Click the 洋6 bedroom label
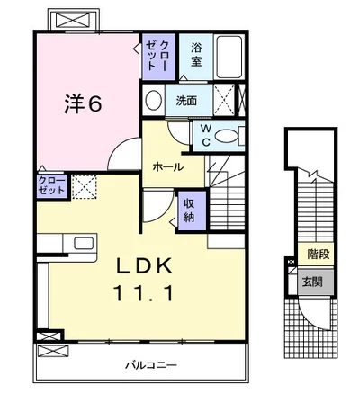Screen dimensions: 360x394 83,103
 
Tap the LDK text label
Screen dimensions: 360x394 144,266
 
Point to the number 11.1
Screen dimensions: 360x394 144,293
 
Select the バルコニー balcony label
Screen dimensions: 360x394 151,365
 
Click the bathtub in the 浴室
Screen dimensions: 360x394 229,57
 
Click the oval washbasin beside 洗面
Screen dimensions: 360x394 153,100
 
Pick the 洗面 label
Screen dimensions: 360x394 186,101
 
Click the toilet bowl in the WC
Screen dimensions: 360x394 227,137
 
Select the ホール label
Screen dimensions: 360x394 167,166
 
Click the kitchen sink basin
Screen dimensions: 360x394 84,243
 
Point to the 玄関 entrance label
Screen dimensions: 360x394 312,282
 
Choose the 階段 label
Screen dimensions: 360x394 319,255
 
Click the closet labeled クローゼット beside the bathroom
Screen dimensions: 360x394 158,57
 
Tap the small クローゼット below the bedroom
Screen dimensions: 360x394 52,186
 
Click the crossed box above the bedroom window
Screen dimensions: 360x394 73,21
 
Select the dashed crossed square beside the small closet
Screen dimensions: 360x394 85,186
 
